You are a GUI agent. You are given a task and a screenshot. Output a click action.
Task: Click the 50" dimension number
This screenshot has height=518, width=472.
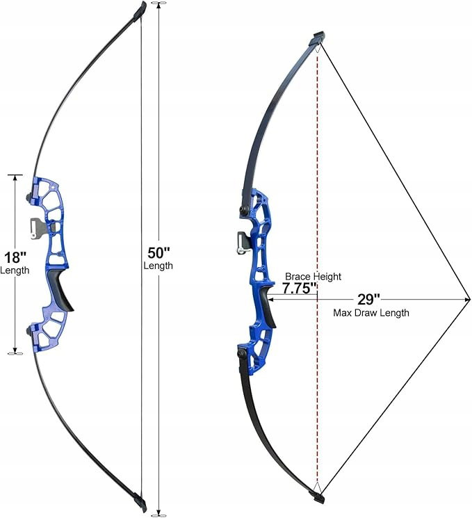coord(158,253)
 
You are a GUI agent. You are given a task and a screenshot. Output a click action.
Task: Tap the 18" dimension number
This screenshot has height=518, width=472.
coord(15,257)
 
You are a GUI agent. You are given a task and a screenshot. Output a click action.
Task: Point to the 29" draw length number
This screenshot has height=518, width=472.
coord(368,299)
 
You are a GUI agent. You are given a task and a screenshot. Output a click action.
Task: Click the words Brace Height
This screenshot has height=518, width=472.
coord(313,276)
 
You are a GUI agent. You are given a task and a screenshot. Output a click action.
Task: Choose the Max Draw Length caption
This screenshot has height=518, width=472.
coord(371,312)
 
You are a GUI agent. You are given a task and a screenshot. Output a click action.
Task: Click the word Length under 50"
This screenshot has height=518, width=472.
coord(158,266)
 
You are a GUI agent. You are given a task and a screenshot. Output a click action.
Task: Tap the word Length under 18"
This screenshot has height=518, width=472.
coord(15,270)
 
